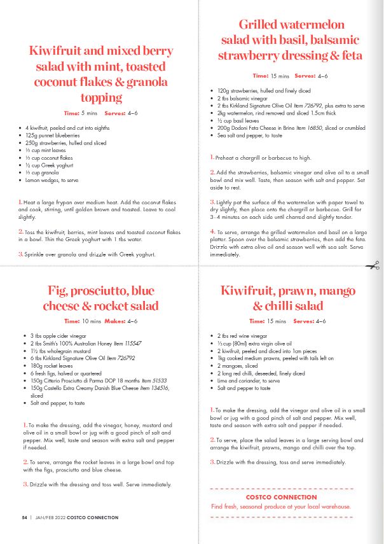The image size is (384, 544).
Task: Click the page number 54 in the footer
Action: pyautogui.click(x=24, y=518)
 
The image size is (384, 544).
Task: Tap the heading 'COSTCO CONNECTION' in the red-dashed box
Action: pyautogui.click(x=281, y=497)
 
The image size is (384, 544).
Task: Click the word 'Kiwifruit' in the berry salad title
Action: pyautogui.click(x=58, y=51)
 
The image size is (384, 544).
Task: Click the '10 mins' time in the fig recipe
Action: pyautogui.click(x=92, y=321)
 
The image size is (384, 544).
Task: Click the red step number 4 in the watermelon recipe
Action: pyautogui.click(x=212, y=231)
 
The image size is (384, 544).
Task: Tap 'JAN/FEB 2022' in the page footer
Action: pyautogui.click(x=51, y=518)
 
